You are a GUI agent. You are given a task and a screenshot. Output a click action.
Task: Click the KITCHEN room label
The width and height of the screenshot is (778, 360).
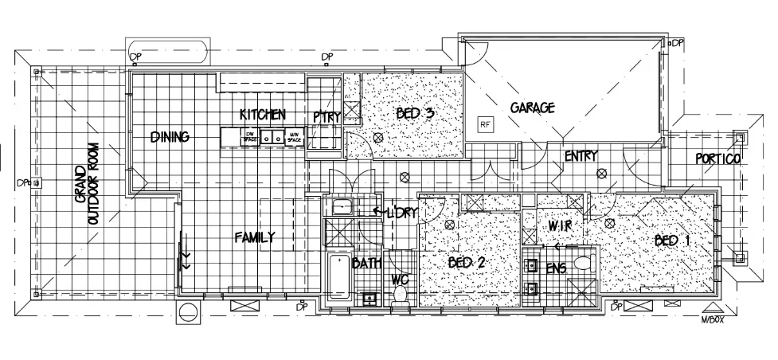coord(262,115)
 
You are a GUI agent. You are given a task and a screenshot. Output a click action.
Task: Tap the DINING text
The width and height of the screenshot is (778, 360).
coord(170,137)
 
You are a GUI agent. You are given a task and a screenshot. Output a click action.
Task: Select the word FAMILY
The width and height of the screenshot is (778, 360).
coord(255,237)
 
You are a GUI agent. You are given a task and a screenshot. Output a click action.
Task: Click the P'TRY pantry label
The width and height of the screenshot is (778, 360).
coord(326,116)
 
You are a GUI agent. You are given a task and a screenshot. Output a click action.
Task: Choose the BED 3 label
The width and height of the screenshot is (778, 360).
coord(415,113)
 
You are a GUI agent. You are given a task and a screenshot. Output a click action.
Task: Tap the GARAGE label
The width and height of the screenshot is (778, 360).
coord(532,107)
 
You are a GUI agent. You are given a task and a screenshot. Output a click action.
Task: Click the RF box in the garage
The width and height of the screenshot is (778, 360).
coord(484,123)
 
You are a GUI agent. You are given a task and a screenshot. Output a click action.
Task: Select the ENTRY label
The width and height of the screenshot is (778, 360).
coord(581,156)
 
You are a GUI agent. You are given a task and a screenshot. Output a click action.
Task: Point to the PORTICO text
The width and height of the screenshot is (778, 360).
coord(717,158)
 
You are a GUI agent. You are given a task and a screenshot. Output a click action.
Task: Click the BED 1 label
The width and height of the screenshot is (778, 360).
coord(671,240)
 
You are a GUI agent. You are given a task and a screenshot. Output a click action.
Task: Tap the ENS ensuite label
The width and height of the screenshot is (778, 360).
coord(556,268)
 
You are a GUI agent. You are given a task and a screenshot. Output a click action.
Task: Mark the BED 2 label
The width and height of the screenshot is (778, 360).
coord(466,263)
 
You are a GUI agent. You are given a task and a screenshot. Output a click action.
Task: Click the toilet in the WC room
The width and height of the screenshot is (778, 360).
coord(401,294)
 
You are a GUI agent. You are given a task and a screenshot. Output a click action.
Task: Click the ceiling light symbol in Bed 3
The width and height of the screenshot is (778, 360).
coord(379,138)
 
